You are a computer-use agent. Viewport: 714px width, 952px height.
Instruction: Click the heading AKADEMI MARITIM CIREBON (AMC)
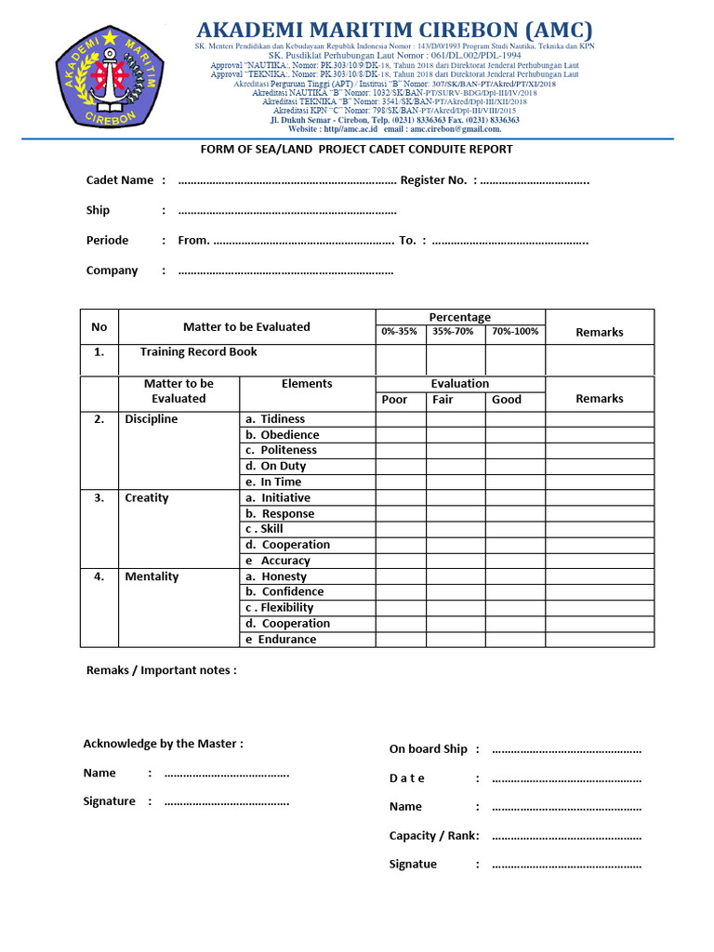[x=394, y=30]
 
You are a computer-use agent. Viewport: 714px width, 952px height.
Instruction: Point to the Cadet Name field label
[x=120, y=180]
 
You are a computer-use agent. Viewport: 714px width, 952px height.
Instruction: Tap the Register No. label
[x=433, y=180]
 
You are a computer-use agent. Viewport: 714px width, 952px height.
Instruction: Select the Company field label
[x=112, y=271]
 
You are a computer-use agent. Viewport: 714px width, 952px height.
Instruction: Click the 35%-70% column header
[x=454, y=331]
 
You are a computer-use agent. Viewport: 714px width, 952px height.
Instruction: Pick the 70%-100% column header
[x=515, y=331]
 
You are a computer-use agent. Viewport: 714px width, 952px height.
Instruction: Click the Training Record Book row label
[x=198, y=352]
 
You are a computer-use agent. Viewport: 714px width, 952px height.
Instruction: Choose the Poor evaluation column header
[x=395, y=400]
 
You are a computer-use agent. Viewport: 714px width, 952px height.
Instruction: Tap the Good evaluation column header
[x=507, y=400]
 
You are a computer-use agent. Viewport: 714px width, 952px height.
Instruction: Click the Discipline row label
[x=152, y=419]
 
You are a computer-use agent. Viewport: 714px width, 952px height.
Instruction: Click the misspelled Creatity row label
[x=147, y=498]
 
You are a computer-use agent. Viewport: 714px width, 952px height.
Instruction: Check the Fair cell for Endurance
[x=456, y=640]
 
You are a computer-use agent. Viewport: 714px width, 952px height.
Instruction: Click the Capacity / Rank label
[x=432, y=836]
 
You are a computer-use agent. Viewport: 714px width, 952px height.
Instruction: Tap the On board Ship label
[x=428, y=749]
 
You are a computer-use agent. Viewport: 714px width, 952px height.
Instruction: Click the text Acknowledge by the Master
[x=164, y=744]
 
